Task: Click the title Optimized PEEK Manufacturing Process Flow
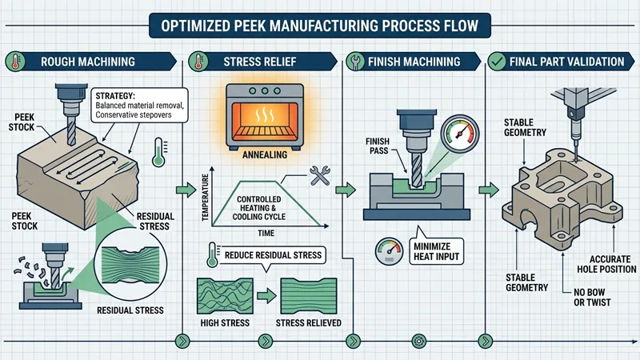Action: (320, 25)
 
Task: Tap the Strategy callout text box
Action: (135, 106)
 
